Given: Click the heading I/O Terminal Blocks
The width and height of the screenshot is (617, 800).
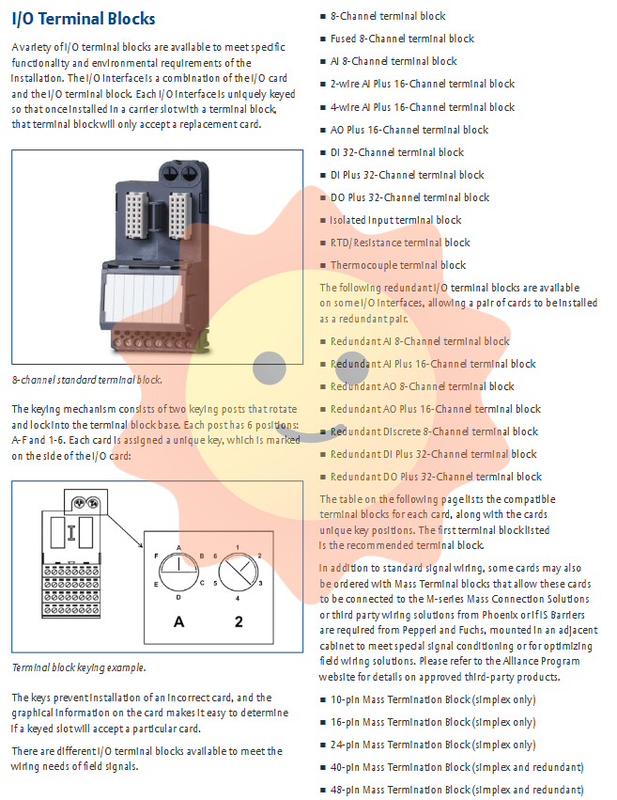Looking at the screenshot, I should tap(84, 19).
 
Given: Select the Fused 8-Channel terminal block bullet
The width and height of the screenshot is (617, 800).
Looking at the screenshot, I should tap(402, 39).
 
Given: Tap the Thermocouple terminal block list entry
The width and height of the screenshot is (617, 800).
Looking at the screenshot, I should tap(397, 265).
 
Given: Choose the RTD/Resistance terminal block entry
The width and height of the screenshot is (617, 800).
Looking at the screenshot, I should tap(400, 243).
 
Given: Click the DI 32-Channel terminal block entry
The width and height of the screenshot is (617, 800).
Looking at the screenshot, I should tap(397, 152).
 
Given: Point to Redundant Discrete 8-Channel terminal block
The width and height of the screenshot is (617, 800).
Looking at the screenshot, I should tap(434, 431).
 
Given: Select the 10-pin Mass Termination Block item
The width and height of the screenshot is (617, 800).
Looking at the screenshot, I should tap(433, 699).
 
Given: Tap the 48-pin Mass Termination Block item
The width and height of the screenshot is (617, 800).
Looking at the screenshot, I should tap(456, 790).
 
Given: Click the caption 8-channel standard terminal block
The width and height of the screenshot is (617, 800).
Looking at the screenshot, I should tap(86, 380).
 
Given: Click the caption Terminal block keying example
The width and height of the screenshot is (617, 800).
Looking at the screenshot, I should tap(79, 667).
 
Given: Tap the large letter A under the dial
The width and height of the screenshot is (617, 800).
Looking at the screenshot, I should tap(177, 621).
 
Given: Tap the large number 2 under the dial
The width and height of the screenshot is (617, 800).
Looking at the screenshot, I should tap(239, 621).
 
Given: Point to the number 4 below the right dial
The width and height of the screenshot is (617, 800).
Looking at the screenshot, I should tap(238, 598).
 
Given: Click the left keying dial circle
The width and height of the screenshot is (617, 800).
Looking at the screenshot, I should tap(178, 571).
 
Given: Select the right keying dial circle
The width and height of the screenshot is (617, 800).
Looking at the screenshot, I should tap(238, 571).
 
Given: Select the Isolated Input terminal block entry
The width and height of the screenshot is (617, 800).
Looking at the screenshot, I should tap(395, 220).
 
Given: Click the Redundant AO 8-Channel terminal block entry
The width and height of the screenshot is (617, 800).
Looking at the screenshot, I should tap(422, 386).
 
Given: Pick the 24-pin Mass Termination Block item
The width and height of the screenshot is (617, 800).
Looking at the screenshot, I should tap(433, 745).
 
